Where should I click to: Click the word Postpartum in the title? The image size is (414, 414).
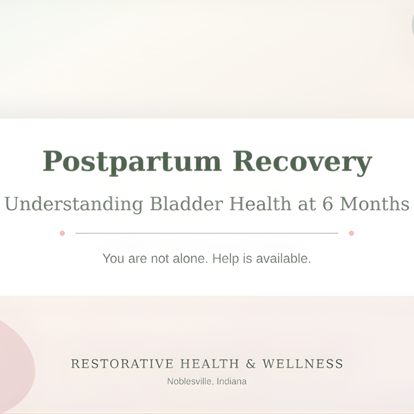pyautogui.click(x=132, y=162)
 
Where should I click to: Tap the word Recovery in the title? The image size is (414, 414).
pyautogui.click(x=302, y=162)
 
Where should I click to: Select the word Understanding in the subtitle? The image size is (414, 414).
pyautogui.click(x=74, y=204)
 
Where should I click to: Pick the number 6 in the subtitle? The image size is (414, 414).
pyautogui.click(x=327, y=204)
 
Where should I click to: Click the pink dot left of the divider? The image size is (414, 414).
pyautogui.click(x=63, y=233)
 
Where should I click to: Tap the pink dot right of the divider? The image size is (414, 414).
pyautogui.click(x=351, y=233)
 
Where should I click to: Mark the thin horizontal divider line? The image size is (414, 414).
pyautogui.click(x=207, y=233)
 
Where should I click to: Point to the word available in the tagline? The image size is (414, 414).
pyautogui.click(x=283, y=259)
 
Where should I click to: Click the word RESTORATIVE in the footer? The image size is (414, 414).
pyautogui.click(x=122, y=364)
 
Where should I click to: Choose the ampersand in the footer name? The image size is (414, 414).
pyautogui.click(x=251, y=364)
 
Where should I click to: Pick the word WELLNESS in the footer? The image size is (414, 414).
pyautogui.click(x=302, y=364)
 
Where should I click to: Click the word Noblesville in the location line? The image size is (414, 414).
pyautogui.click(x=189, y=382)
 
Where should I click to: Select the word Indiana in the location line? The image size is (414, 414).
pyautogui.click(x=232, y=382)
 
